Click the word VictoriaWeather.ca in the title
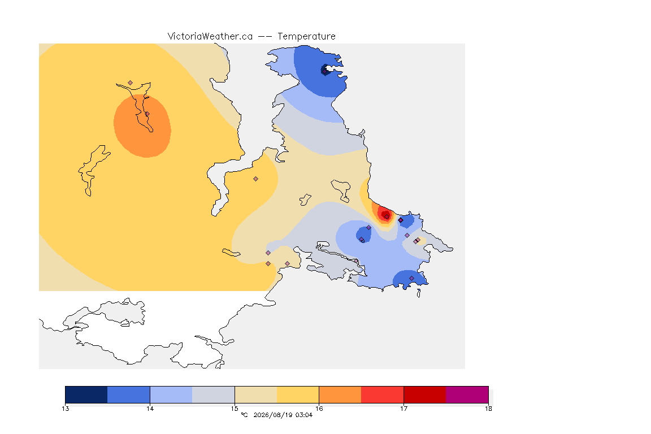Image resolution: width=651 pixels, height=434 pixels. (x=210, y=37)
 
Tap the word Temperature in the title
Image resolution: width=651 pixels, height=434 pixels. (x=306, y=37)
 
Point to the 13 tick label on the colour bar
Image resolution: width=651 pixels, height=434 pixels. (x=65, y=409)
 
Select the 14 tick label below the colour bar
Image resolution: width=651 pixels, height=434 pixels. (x=150, y=409)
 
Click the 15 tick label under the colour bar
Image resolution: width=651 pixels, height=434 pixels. (x=235, y=409)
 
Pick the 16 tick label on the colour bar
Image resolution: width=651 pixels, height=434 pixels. (x=319, y=409)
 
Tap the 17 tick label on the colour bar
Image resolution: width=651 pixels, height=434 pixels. (x=403, y=409)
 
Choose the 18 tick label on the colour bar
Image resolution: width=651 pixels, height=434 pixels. (x=488, y=409)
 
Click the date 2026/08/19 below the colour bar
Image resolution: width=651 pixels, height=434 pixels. (x=273, y=415)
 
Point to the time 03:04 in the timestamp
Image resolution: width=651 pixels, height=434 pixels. (x=304, y=415)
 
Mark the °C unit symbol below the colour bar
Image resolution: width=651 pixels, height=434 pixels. (x=245, y=415)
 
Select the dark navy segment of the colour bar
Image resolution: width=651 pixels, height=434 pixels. (x=86, y=394)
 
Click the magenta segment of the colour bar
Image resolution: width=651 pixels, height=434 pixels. (x=467, y=394)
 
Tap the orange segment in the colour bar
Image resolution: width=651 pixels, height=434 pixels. (x=340, y=394)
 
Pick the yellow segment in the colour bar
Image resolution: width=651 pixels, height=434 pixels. (x=298, y=394)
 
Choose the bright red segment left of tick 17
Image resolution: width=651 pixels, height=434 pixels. (x=383, y=394)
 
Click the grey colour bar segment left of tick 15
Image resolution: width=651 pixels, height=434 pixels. (x=214, y=394)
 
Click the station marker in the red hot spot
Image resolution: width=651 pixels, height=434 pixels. (x=387, y=216)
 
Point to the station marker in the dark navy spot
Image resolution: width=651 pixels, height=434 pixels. (x=325, y=71)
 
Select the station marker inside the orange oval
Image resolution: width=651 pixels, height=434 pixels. (x=147, y=114)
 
